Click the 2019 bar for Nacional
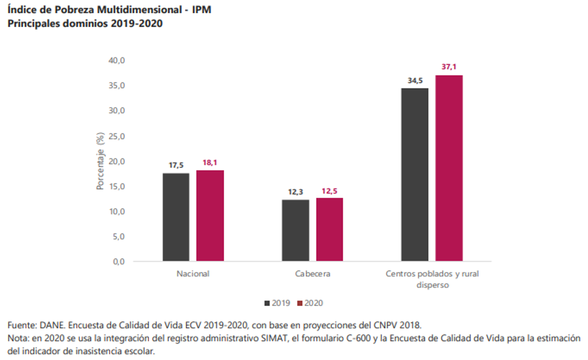[x=176, y=217]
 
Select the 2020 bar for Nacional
[x=210, y=215]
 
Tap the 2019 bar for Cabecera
[x=296, y=230]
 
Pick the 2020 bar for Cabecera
[x=330, y=229]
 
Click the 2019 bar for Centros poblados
[x=415, y=174]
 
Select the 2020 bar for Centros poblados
[x=449, y=168]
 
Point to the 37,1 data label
[x=449, y=67]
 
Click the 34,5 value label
[x=415, y=80]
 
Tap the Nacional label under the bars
[x=193, y=274]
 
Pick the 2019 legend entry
[x=277, y=303]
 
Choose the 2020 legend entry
[x=310, y=303]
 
